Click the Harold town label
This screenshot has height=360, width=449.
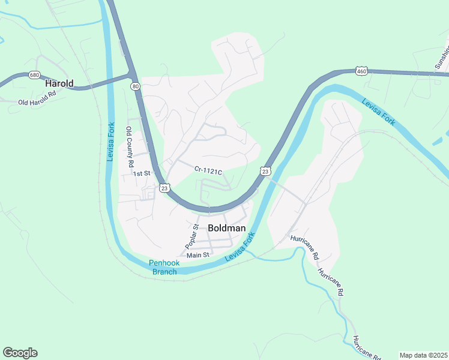(x=59, y=84)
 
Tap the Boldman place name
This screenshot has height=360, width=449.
(x=226, y=228)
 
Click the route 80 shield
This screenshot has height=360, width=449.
(x=136, y=86)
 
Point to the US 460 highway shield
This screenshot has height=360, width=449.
(x=361, y=71)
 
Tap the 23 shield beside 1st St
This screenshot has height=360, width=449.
(x=164, y=188)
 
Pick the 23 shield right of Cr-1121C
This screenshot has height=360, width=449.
(x=265, y=172)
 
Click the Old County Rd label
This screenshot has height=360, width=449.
(x=129, y=146)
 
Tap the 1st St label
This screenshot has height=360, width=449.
(x=141, y=173)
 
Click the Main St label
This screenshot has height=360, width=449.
(x=197, y=255)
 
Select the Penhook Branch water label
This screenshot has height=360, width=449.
(x=164, y=268)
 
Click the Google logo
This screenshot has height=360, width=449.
(x=20, y=353)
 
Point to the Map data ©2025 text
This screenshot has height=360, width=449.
(x=423, y=355)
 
